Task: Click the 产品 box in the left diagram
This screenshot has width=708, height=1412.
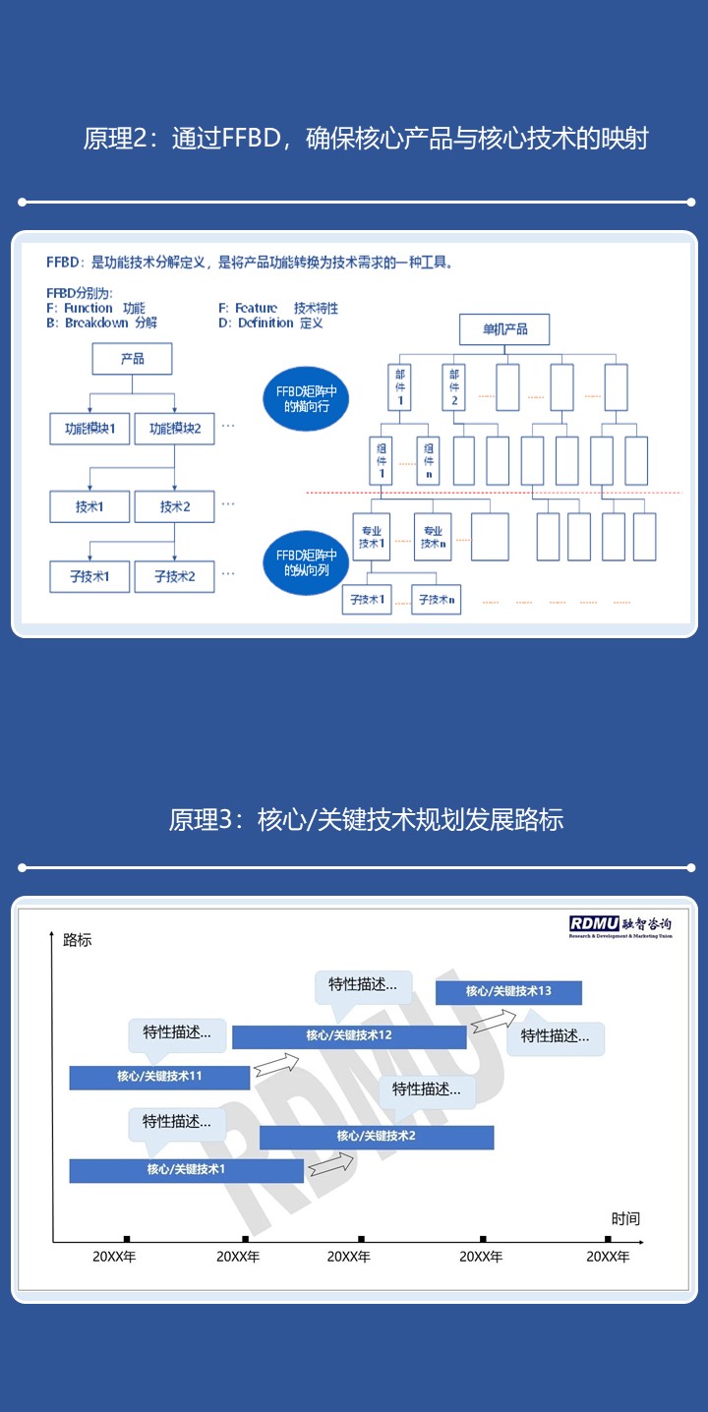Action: coord(132,359)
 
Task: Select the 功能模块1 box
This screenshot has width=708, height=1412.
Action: coord(89,429)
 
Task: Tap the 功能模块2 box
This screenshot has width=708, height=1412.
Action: coord(174,429)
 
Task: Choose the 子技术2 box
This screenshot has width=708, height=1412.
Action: coord(174,576)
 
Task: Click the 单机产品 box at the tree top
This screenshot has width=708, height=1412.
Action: coord(504,328)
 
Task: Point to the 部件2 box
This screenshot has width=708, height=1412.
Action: coord(454,386)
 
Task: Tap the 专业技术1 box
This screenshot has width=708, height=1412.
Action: coord(371,537)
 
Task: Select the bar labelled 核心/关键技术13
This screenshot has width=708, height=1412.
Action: coord(508,992)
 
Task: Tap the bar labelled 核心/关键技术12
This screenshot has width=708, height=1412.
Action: coord(349,1036)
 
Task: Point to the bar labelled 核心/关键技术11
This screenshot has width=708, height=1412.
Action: coord(159,1077)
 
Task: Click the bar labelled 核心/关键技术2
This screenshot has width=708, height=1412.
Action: coord(377,1137)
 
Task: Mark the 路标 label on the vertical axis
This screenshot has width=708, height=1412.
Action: coord(77,940)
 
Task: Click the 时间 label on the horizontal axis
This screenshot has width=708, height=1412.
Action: coord(625,1218)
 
